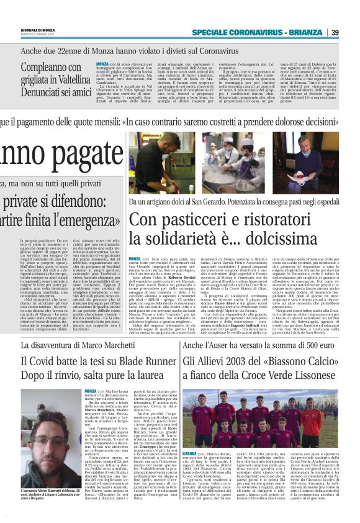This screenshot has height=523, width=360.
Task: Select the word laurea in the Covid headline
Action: tap(142, 376)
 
